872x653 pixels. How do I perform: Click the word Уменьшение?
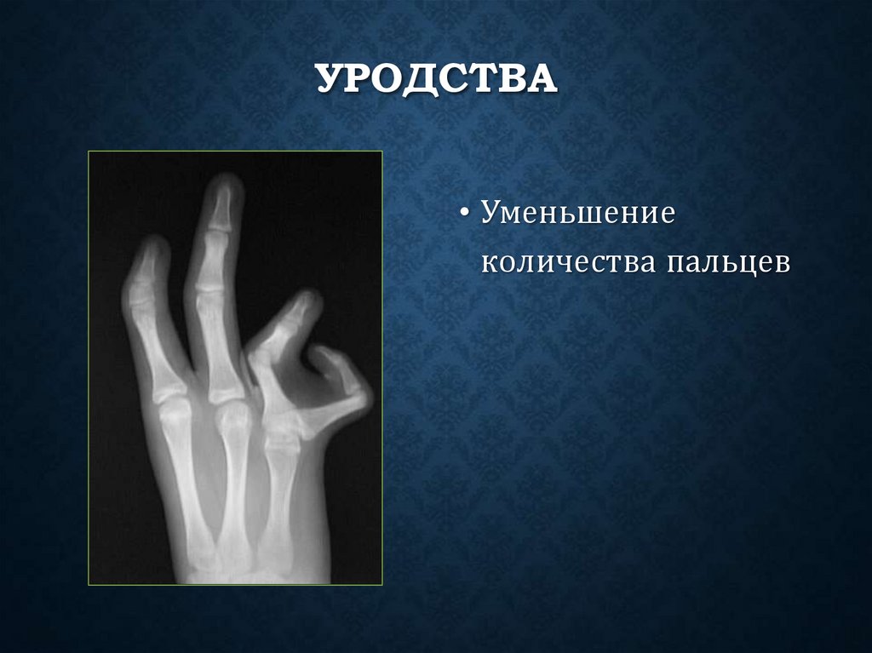(x=577, y=213)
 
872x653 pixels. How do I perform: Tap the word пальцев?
(x=729, y=264)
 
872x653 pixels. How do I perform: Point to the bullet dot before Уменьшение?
(x=465, y=214)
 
